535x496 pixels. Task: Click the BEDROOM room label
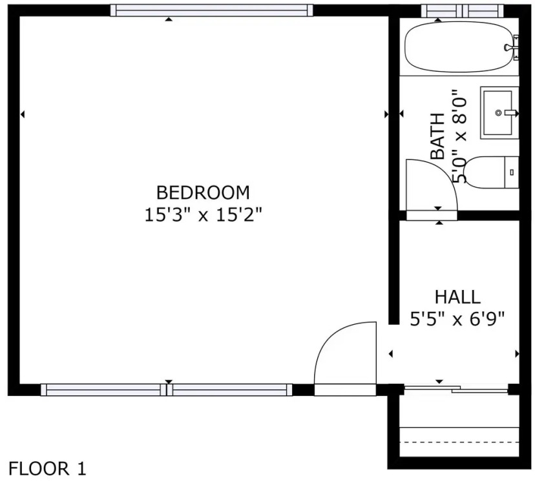(203, 192)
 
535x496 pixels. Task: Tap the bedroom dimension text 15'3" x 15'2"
(204, 215)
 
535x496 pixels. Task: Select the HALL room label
(457, 297)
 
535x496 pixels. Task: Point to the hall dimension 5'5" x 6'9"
(457, 319)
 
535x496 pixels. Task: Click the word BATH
(438, 136)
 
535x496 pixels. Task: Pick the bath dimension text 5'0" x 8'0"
(459, 136)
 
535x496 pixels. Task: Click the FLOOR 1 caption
(47, 469)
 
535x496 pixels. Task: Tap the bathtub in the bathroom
(459, 47)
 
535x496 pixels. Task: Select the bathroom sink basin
(496, 112)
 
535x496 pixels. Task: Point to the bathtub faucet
(512, 47)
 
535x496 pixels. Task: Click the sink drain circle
(498, 112)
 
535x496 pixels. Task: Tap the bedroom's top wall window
(212, 10)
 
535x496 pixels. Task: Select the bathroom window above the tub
(463, 10)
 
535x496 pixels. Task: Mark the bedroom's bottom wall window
(167, 389)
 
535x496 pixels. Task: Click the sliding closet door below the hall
(456, 389)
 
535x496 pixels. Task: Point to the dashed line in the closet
(459, 442)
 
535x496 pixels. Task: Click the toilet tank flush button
(512, 172)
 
